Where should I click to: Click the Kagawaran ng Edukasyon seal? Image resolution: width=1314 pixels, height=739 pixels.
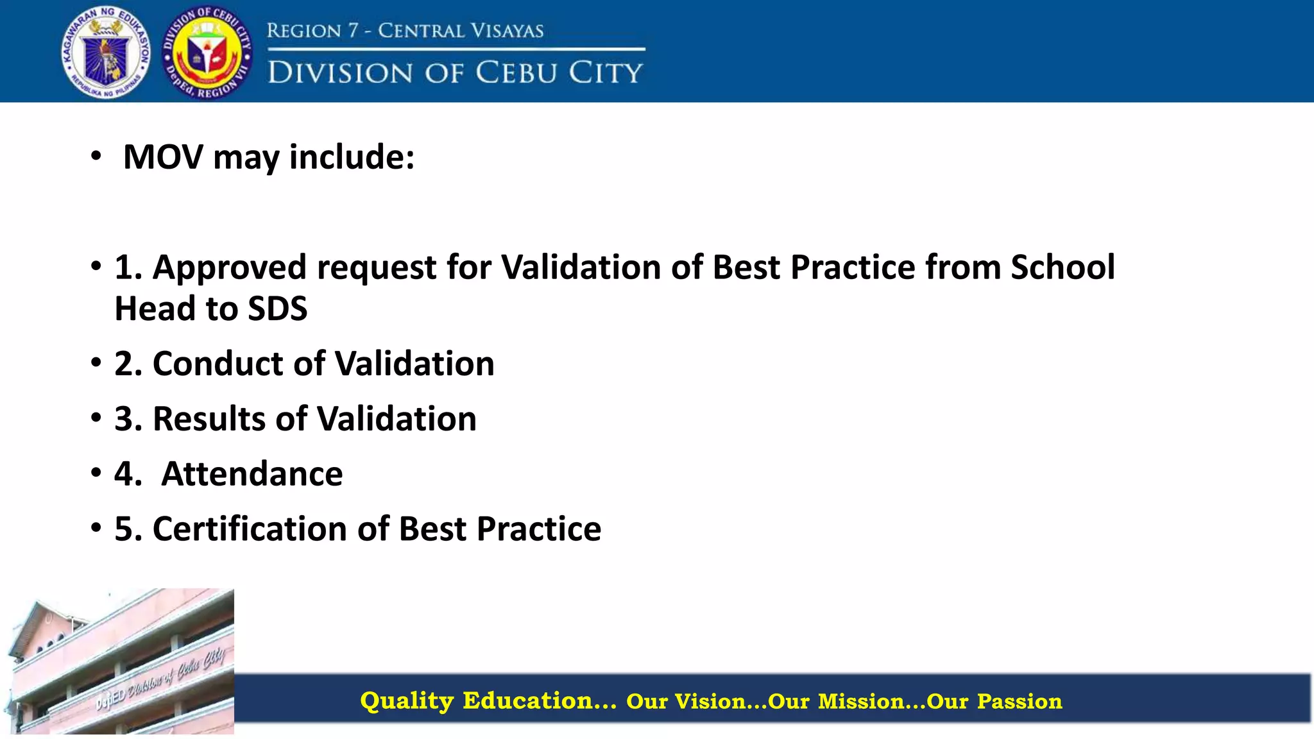[x=107, y=53]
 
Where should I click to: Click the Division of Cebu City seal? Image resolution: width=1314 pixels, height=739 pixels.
[x=207, y=53]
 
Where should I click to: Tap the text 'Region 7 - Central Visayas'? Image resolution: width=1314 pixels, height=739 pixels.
[x=405, y=31]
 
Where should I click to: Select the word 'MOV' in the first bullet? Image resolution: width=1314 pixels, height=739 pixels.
[x=163, y=157]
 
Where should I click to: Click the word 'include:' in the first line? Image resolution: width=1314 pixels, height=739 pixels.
[x=352, y=157]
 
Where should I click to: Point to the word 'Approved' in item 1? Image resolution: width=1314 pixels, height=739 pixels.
[x=230, y=268]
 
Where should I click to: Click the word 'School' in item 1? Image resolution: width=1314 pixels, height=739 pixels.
[x=1062, y=268]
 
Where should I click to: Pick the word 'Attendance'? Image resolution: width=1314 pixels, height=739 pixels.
[x=252, y=474]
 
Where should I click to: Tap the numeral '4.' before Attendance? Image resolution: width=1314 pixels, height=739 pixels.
[x=128, y=474]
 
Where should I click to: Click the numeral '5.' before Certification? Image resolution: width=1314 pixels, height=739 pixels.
[x=128, y=529]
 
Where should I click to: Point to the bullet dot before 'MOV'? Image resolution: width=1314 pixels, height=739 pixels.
[x=96, y=156]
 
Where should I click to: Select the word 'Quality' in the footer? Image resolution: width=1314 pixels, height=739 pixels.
[x=407, y=701]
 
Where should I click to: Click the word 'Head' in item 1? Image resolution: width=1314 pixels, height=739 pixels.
[x=155, y=309]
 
